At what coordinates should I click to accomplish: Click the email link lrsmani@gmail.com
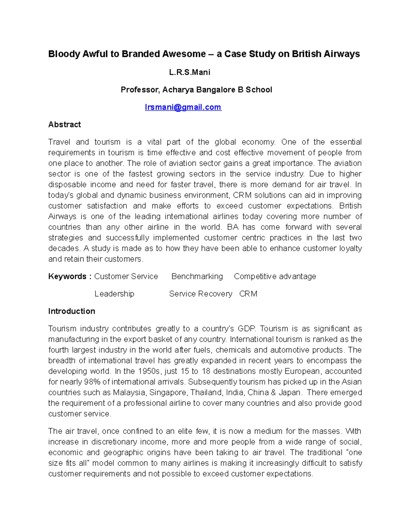point(183,107)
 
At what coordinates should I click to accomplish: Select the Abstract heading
point(64,124)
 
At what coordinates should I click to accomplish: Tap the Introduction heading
point(72,311)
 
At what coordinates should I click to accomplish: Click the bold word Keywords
point(67,276)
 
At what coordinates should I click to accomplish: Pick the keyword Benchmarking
point(197,276)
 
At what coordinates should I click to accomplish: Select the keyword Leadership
point(114,294)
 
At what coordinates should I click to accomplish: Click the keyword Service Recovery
point(200,294)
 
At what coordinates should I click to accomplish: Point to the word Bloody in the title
point(64,54)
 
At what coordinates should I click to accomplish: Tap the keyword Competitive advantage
point(275,276)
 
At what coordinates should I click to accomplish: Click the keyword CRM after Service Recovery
point(248,294)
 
